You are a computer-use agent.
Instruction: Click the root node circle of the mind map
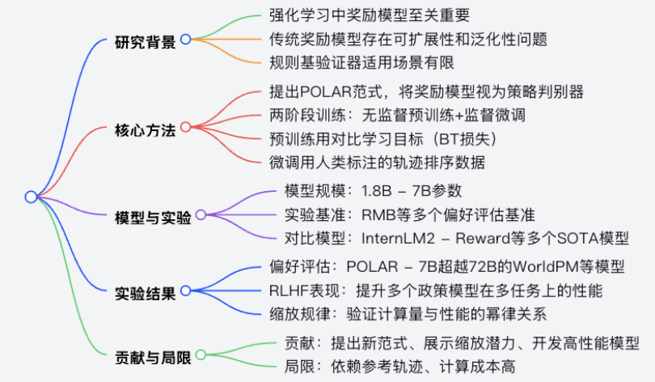point(30,197)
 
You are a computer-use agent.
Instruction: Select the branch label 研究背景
point(146,40)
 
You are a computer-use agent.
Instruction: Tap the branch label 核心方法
point(146,129)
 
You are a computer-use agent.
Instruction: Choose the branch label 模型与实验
point(153,217)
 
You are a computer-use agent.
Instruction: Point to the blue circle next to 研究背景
point(185,39)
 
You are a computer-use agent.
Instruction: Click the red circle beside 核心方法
point(185,128)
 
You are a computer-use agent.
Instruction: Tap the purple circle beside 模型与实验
point(201,215)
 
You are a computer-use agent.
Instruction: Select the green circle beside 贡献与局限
point(201,354)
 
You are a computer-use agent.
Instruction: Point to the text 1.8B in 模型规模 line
point(380,191)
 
